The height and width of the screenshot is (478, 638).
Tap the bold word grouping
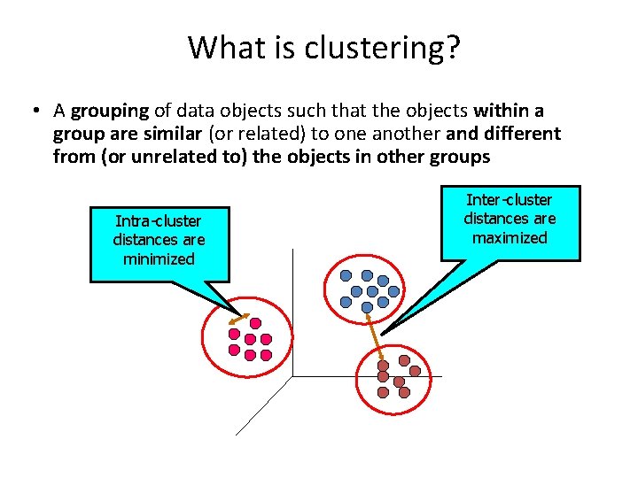tap(109, 111)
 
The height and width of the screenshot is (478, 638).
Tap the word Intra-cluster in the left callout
tap(159, 220)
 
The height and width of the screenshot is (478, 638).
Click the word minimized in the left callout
tap(159, 259)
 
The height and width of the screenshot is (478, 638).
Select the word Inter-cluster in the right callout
tap(510, 200)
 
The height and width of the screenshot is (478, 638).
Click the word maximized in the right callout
tap(510, 238)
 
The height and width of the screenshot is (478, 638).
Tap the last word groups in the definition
tap(464, 157)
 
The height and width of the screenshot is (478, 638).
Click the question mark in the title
tap(453, 47)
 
